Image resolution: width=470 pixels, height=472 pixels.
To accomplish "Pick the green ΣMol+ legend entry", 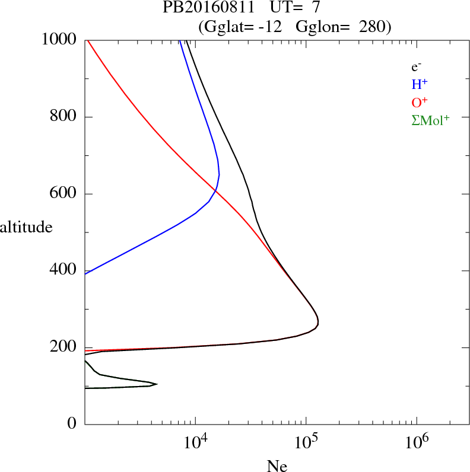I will click(431, 120).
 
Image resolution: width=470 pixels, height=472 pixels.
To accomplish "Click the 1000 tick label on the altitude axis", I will click(59, 40).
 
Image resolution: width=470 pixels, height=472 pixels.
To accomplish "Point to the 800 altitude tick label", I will click(63, 117).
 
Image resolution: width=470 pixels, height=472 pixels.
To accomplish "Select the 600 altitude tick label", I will click(63, 194).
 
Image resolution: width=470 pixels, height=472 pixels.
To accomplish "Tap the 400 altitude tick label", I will click(63, 270).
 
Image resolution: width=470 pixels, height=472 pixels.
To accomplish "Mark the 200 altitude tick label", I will click(63, 347).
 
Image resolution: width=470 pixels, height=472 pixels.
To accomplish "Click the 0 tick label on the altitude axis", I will click(72, 424).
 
